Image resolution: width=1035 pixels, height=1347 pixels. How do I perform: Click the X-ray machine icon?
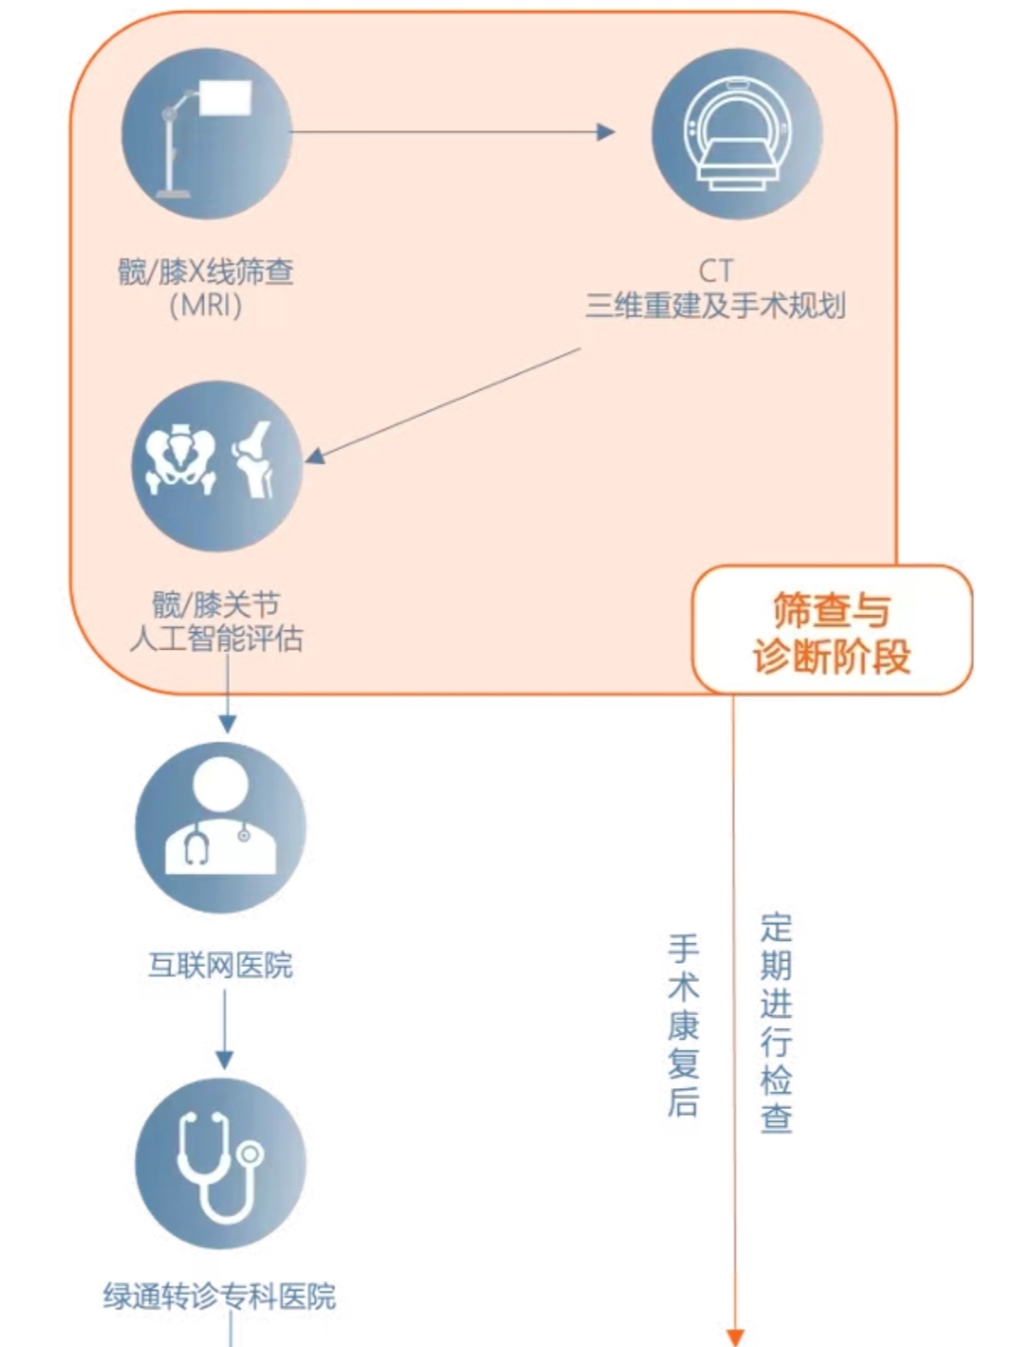click(x=206, y=134)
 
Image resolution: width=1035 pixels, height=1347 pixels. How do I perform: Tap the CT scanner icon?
click(x=736, y=134)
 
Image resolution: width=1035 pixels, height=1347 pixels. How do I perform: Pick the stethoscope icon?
click(x=220, y=1163)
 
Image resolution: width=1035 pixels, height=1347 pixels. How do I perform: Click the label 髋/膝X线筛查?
click(x=205, y=272)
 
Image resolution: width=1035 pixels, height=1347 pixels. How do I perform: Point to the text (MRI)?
click(x=205, y=305)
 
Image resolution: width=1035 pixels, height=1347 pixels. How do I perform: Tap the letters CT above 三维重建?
click(x=716, y=271)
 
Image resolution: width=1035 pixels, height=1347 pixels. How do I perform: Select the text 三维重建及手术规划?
click(x=716, y=305)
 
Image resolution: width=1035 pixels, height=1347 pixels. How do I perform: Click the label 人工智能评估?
click(x=216, y=639)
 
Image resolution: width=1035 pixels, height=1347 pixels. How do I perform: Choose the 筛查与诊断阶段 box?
click(x=832, y=631)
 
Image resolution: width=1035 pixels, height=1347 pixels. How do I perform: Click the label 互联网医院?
click(x=220, y=965)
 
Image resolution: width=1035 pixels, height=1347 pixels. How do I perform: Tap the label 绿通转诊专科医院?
click(x=219, y=1296)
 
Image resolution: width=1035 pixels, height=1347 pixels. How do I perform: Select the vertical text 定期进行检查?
click(x=776, y=1023)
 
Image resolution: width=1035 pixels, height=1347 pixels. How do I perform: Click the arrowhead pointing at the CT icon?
click(x=605, y=132)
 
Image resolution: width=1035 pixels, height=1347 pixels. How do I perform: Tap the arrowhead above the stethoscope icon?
click(x=224, y=1059)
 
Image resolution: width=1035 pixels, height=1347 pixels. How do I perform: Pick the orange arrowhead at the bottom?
click(x=734, y=1336)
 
